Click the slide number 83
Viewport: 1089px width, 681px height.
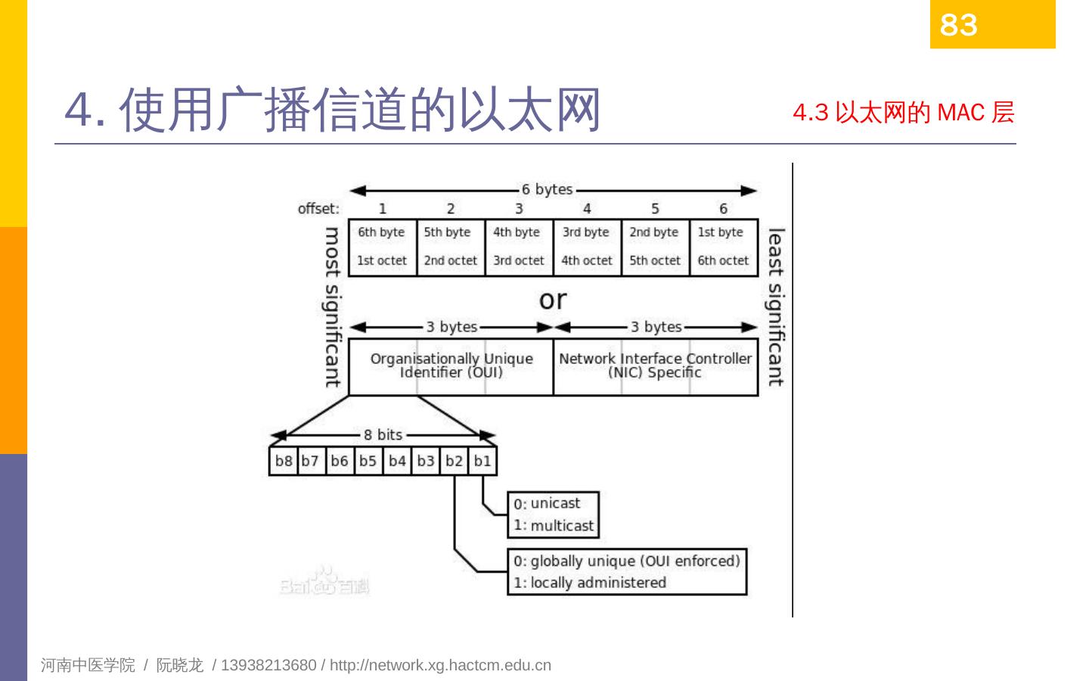click(x=958, y=25)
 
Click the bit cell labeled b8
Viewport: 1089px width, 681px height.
click(x=284, y=461)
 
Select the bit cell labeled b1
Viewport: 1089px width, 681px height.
click(x=482, y=461)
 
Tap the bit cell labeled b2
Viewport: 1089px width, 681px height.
click(x=454, y=461)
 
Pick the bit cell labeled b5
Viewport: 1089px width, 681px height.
click(x=368, y=461)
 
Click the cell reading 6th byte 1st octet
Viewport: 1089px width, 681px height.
click(x=382, y=247)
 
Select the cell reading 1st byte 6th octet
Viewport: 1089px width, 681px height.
click(x=723, y=247)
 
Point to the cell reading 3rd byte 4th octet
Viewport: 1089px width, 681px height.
click(x=586, y=247)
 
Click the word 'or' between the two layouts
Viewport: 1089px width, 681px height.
click(x=553, y=300)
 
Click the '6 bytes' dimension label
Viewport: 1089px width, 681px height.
click(x=547, y=189)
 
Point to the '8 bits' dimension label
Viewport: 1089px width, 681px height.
click(x=383, y=434)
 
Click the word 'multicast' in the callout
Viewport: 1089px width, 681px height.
click(x=562, y=525)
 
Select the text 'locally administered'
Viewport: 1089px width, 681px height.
click(x=598, y=583)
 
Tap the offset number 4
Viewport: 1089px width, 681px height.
click(x=587, y=209)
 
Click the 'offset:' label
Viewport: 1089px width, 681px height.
click(x=318, y=209)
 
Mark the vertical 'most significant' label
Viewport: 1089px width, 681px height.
click(x=332, y=306)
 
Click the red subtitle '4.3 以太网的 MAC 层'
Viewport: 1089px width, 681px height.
click(x=903, y=113)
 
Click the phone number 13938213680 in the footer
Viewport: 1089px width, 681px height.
click(x=268, y=665)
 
